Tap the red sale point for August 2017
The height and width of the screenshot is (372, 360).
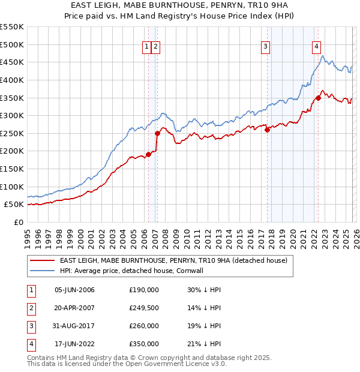click(267, 130)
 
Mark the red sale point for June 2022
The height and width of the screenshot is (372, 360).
click(318, 98)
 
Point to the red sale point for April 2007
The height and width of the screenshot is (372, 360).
click(157, 133)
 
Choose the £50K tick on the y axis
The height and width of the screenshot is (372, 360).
click(14, 205)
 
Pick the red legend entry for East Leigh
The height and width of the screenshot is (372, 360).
click(173, 260)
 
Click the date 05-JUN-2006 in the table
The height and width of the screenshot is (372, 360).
click(74, 290)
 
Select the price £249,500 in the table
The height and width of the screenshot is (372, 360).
click(144, 308)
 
